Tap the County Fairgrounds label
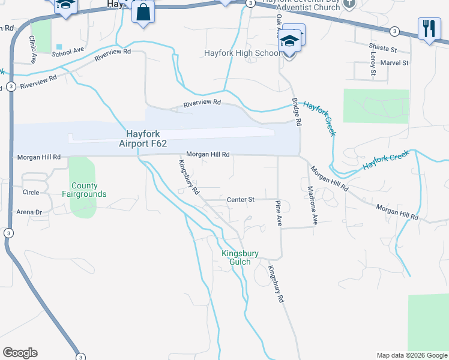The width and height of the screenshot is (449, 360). coord(84,190)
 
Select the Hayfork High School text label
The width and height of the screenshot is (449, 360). coord(242,53)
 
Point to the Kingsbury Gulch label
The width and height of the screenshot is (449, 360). coord(240,258)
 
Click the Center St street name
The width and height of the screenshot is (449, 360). coord(241,199)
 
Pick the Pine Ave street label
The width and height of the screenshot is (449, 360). coord(279,213)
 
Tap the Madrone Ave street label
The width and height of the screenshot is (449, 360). coord(312,206)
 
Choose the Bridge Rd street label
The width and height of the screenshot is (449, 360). coord(296,112)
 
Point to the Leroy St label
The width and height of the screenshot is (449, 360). coord(373,64)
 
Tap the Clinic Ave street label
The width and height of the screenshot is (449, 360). coord(32,50)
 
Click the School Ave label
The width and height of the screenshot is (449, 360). coord(68,53)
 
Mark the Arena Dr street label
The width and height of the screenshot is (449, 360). coord(29,212)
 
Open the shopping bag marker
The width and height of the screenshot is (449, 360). coord(143,13)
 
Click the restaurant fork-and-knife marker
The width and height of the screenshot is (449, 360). coord(429,29)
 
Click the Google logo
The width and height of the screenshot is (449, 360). coord(20,353)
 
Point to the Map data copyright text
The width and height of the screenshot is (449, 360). coord(411,355)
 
